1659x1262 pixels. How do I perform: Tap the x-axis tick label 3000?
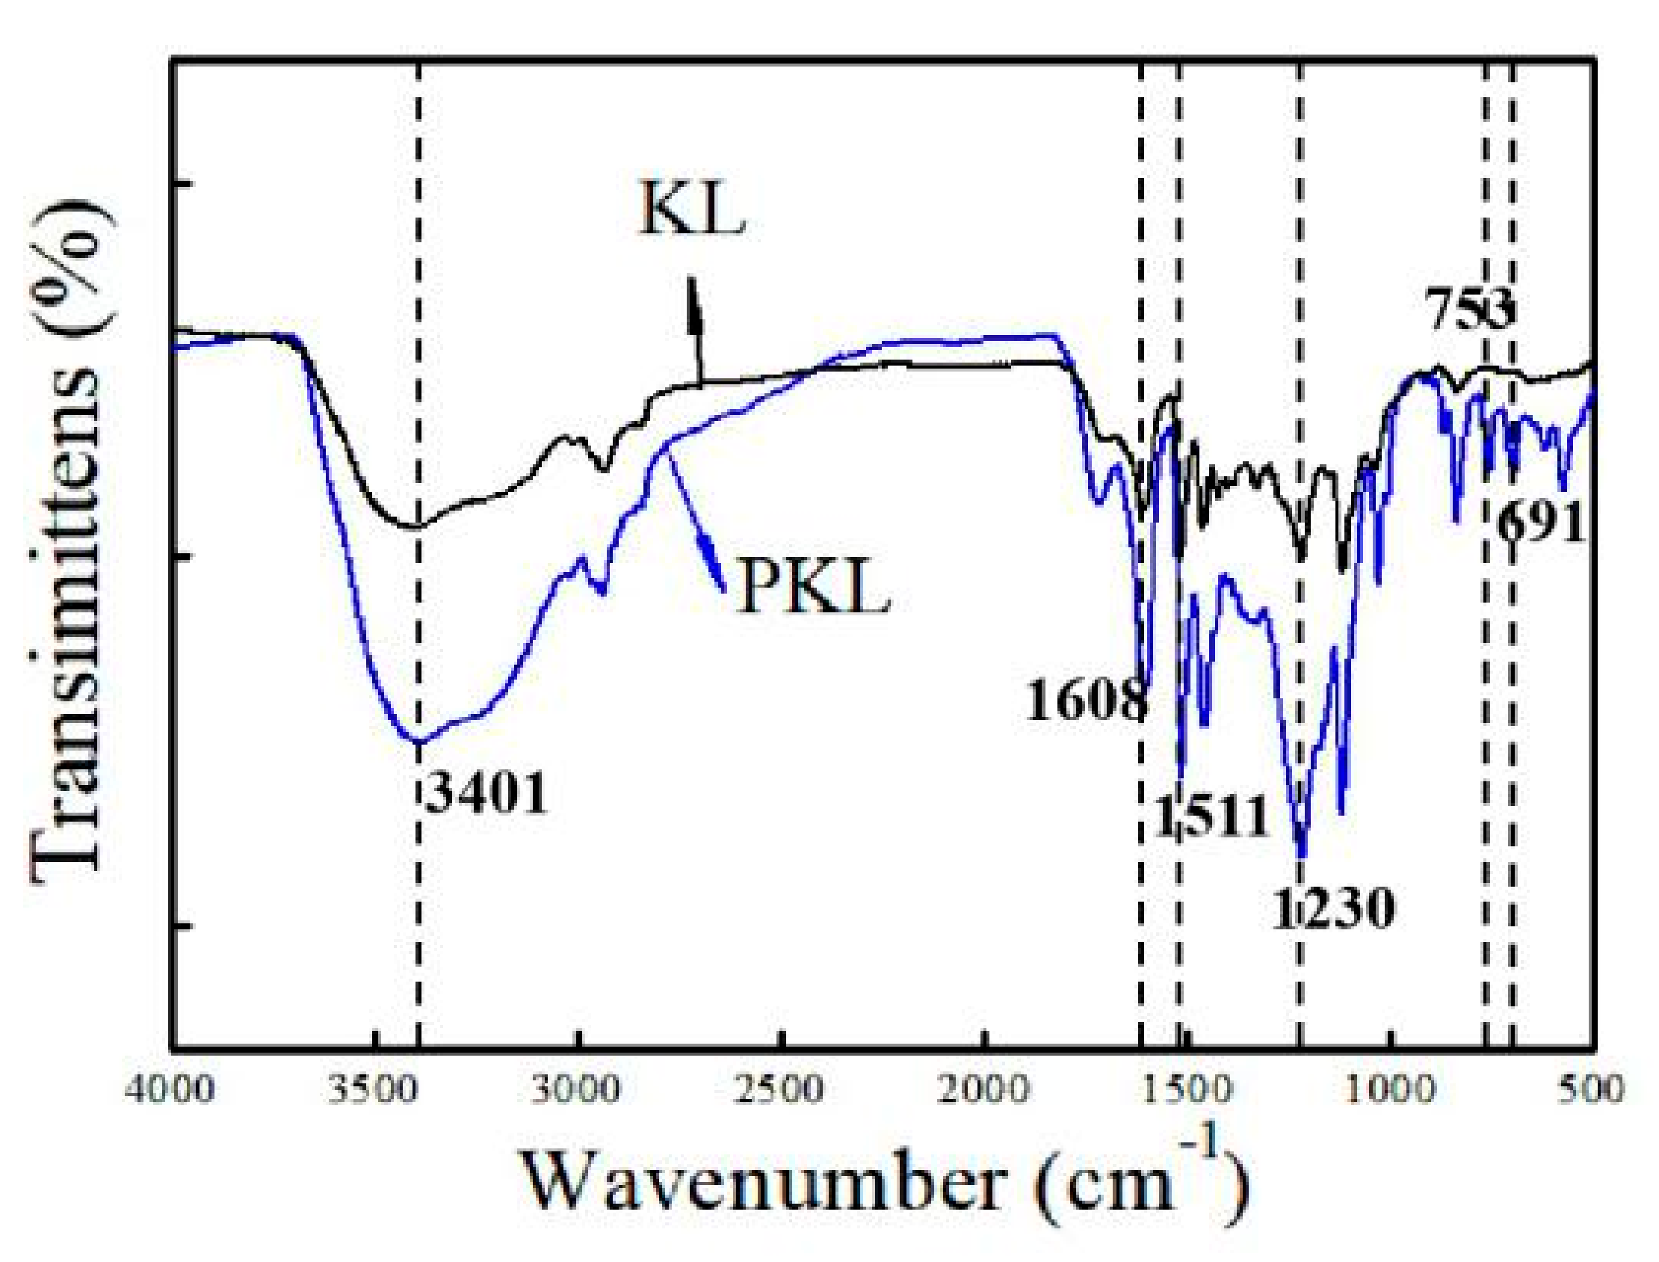point(578,1090)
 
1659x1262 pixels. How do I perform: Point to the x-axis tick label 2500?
point(782,1090)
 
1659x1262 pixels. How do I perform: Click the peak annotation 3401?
point(485,795)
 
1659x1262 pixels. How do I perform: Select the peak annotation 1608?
point(1086,701)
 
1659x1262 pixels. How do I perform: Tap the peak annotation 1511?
point(1210,817)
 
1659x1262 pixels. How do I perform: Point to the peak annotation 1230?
point(1333,908)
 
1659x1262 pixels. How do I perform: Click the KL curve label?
point(692,213)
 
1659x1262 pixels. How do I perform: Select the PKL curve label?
point(814,591)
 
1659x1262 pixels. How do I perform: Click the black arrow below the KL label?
point(695,330)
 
